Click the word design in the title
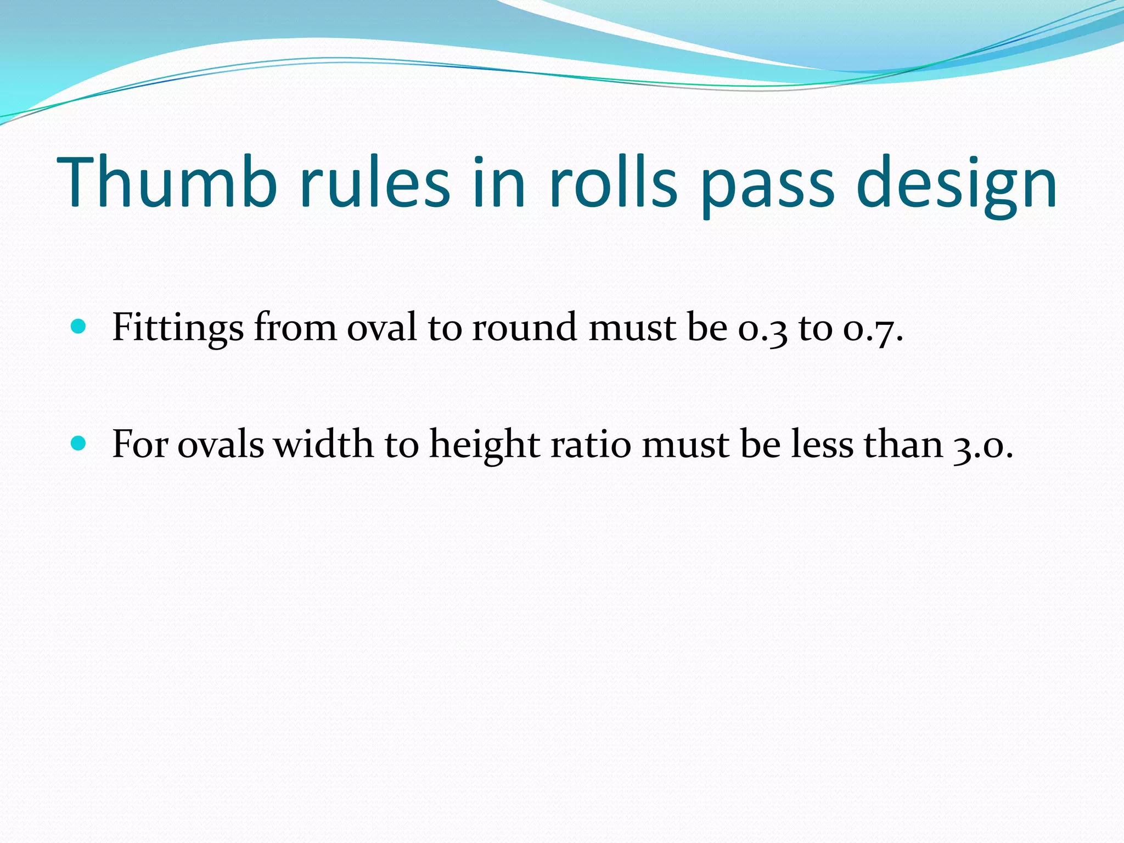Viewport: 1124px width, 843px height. coord(956,184)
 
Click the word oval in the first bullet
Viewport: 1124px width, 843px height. coord(382,328)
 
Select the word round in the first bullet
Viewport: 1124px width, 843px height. coord(524,328)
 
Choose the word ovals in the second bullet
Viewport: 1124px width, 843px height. coord(221,444)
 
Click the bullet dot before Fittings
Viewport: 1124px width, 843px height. coord(79,327)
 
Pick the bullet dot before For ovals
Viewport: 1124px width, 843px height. coord(79,443)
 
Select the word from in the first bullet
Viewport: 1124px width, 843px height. coord(295,328)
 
